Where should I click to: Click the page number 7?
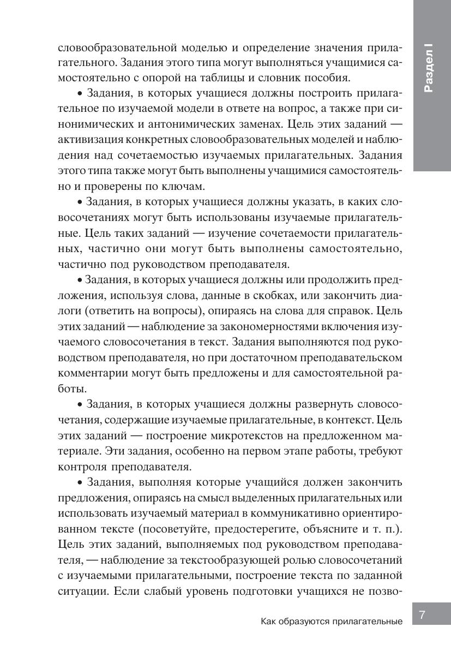422,615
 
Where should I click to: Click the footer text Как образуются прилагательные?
332,622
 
